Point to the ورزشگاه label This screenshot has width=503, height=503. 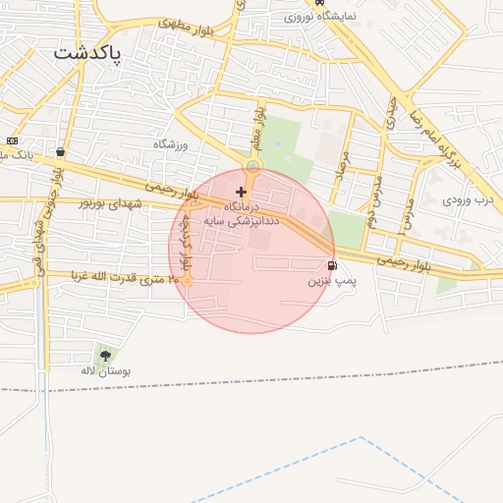click(169, 143)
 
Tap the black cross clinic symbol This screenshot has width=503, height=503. click(241, 192)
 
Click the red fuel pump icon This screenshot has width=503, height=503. click(332, 265)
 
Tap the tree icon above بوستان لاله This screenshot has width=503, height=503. click(105, 356)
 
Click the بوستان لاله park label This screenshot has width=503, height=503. click(106, 372)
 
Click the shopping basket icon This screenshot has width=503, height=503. click(61, 152)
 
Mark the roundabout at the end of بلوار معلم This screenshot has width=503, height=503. click(252, 167)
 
